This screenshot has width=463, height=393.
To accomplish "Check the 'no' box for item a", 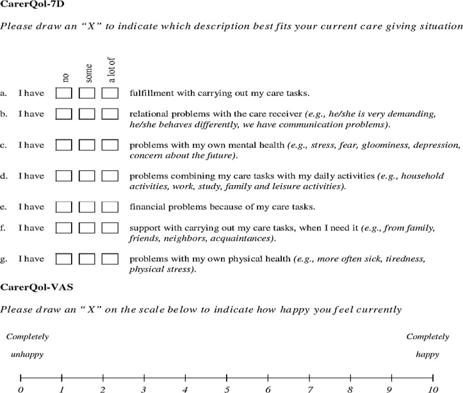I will coord(64,93).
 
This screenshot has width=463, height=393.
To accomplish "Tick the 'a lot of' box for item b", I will coord(110,114).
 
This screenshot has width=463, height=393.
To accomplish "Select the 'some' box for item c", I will coord(87,146).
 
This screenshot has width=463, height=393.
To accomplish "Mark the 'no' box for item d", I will coord(64,175).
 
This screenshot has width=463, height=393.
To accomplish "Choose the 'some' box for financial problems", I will coord(87,207).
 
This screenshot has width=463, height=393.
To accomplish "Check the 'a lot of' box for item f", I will coord(110,228).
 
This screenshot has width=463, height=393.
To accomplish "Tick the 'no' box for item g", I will coord(64,259).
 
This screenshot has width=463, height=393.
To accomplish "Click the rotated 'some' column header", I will coord(88,72).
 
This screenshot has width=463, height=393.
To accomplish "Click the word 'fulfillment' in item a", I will coord(151,93).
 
